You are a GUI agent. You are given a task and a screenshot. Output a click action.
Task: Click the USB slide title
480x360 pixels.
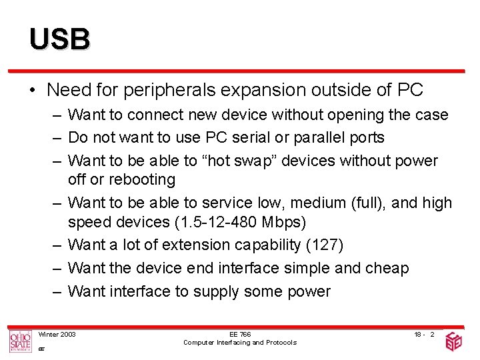(x=59, y=39)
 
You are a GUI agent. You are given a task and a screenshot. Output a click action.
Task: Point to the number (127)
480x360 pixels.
(x=324, y=245)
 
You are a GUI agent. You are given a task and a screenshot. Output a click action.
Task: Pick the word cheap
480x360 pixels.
(x=387, y=268)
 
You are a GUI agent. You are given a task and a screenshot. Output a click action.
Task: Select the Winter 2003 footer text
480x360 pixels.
(x=57, y=333)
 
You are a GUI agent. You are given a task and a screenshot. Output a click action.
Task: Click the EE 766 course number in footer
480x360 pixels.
(x=240, y=334)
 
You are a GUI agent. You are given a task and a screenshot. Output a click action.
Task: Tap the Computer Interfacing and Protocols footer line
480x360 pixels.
(x=240, y=342)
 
